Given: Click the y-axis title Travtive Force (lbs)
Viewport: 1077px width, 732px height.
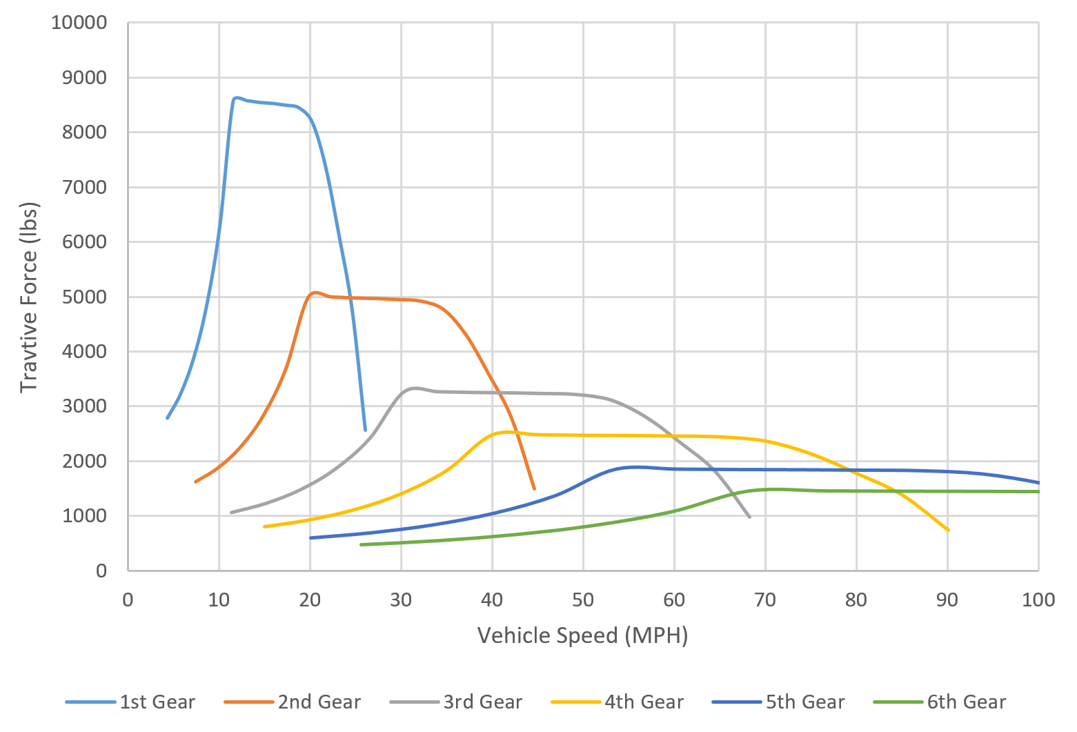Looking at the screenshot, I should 28,297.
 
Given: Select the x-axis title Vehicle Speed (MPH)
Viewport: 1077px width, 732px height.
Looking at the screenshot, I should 582,635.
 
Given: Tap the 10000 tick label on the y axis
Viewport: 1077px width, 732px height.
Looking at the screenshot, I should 79,23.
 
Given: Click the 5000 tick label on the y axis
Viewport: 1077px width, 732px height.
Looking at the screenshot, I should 85,297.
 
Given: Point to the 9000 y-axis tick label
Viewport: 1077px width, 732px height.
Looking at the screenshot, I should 85,77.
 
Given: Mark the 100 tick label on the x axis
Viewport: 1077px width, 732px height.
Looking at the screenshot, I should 1038,600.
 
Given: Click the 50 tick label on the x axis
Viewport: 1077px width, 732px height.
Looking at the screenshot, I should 583,600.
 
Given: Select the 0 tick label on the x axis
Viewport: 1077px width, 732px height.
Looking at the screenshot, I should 128,600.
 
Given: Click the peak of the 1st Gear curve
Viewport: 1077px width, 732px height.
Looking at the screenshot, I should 237,97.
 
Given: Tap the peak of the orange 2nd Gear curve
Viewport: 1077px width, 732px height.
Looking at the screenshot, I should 315,293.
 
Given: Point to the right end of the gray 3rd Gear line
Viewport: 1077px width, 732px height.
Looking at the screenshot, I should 749,517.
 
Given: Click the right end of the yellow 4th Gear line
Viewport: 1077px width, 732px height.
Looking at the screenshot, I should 949,531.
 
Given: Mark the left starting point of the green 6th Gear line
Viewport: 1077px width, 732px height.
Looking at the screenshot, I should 361,544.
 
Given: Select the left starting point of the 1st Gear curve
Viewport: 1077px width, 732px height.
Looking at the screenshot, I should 168,418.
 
